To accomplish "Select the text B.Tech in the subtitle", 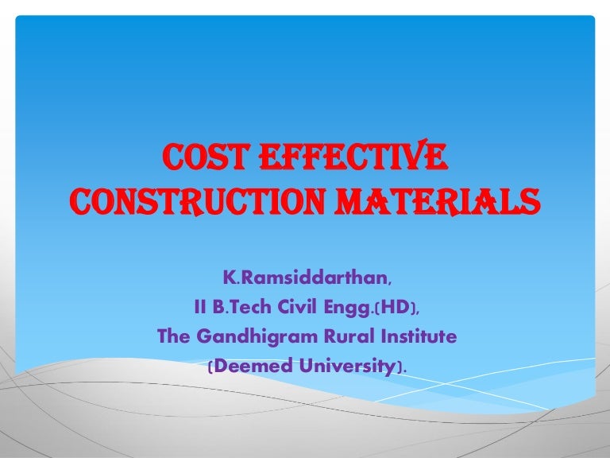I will tap(237, 308).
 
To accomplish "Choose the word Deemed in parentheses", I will tap(250, 366).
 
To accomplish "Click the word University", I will tap(347, 367).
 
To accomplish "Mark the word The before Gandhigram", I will tap(176, 337).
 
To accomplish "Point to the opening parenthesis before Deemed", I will tap(210, 367).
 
